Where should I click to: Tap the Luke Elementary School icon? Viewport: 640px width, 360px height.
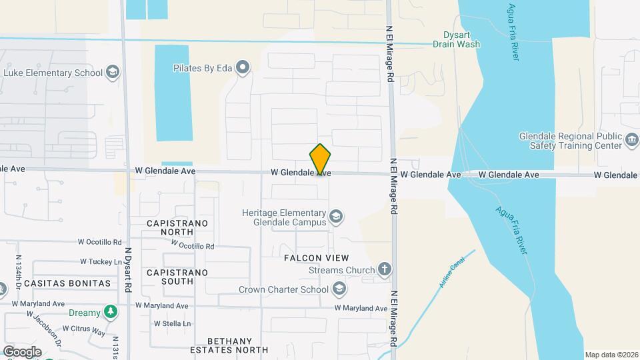[113, 72]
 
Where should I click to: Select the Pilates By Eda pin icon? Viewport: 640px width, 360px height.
[243, 67]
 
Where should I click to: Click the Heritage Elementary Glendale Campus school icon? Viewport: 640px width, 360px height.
[337, 217]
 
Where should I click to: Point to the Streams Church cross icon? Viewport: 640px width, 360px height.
[384, 270]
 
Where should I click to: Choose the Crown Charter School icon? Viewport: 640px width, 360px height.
[339, 289]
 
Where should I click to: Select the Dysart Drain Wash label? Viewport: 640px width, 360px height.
[456, 40]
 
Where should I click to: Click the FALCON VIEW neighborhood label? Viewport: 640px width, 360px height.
[317, 258]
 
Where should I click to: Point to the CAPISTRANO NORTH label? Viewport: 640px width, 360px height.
[177, 227]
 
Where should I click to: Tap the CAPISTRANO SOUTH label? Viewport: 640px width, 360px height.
[177, 277]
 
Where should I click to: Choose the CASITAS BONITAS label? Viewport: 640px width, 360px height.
[67, 283]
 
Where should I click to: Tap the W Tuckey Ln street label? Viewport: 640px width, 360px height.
[101, 262]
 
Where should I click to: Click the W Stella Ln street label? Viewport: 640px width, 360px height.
[172, 323]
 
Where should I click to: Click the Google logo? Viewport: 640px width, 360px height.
[21, 352]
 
